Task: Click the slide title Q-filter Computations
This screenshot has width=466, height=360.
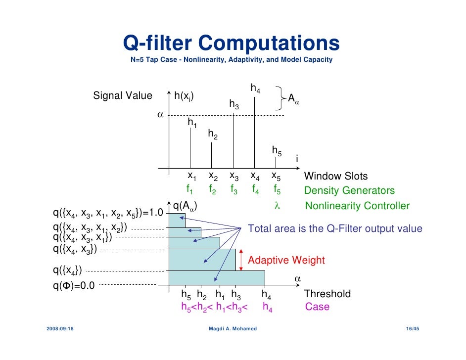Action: [x=231, y=44]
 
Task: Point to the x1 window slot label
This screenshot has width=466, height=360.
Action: [x=191, y=176]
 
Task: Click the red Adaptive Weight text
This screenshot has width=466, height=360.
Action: [x=286, y=261]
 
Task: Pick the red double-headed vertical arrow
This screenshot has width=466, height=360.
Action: [x=241, y=260]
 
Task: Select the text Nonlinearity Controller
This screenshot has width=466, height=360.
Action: [x=357, y=206]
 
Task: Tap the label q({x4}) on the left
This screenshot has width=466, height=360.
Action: [x=67, y=270]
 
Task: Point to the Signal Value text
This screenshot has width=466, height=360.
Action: [x=123, y=95]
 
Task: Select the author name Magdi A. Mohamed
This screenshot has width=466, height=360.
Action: [x=233, y=329]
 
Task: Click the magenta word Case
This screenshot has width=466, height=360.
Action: [x=317, y=307]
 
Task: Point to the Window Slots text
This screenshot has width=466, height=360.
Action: [x=335, y=177]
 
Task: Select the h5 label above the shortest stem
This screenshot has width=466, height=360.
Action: [x=277, y=150]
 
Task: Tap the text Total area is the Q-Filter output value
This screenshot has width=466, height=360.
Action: [x=335, y=228]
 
